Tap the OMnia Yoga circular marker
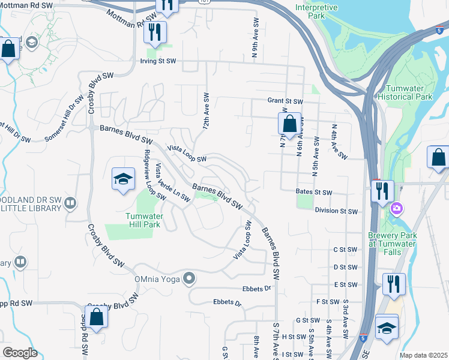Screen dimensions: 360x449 [190, 278]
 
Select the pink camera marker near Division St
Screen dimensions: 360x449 [396, 209]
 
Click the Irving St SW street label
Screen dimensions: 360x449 [158, 61]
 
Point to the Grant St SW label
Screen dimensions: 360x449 [286, 102]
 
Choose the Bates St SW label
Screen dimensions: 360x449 [314, 193]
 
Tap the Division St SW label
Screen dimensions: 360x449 [336, 211]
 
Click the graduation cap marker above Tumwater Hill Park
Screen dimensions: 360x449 [123, 179]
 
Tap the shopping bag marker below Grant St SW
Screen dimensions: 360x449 [289, 124]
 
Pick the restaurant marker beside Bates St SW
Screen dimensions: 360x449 [382, 191]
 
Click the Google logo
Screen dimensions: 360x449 [20, 353]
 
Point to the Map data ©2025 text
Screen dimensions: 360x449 [423, 355]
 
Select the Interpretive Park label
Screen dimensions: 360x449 [316, 13]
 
